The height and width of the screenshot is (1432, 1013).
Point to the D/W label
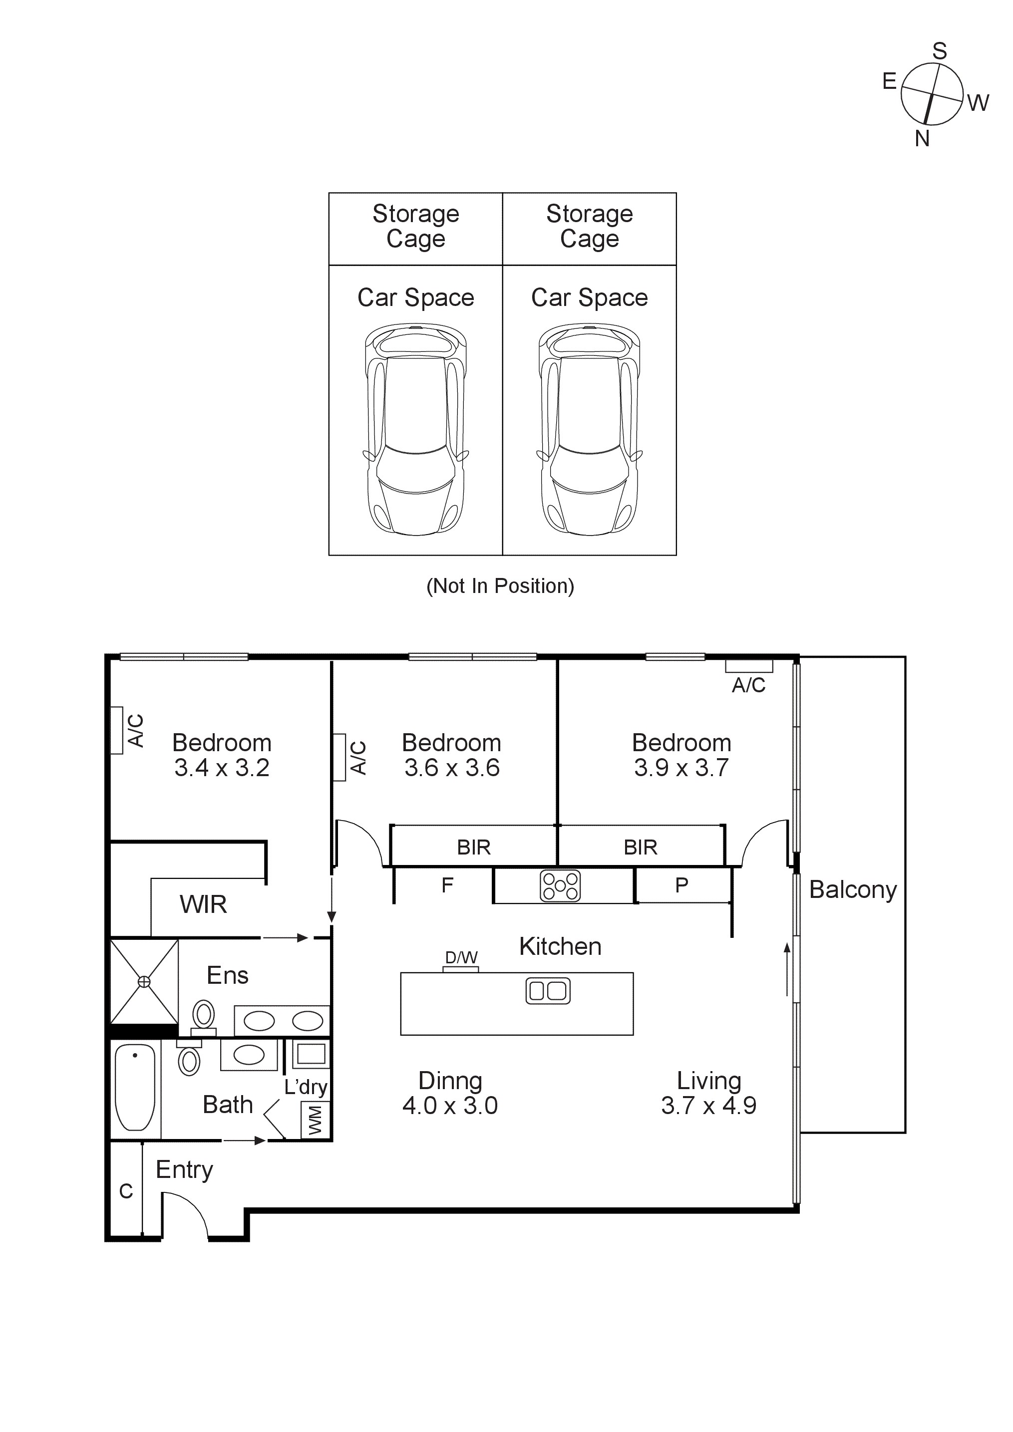(461, 957)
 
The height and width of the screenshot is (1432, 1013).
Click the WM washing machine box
(315, 1120)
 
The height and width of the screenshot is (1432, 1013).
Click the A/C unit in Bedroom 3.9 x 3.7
(748, 666)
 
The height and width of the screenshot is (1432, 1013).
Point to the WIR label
(203, 904)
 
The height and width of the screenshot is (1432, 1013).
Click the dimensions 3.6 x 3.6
(452, 768)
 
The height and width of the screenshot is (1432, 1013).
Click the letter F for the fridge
(447, 885)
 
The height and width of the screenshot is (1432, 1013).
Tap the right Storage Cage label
(590, 226)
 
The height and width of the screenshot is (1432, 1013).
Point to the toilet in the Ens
(203, 1016)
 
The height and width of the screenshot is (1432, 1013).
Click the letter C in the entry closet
(126, 1191)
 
